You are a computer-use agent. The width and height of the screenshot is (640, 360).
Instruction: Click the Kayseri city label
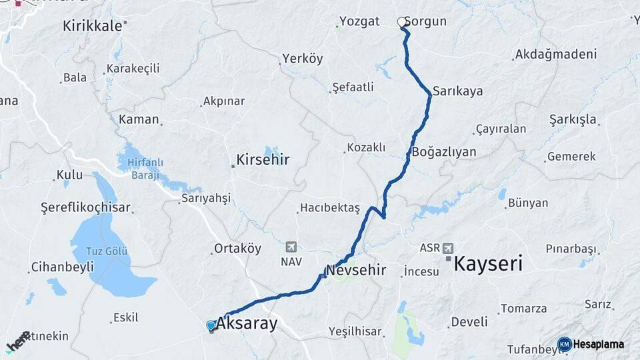coord(487,263)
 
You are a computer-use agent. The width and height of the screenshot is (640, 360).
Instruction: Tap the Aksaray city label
coord(247,324)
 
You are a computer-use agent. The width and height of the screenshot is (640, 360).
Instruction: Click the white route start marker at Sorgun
coord(402,22)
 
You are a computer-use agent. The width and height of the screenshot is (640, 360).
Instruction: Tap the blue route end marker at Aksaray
coord(211,325)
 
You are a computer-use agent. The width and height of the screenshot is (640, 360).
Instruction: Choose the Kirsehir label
coord(263,161)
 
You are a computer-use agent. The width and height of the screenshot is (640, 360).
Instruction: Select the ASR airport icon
coord(447,247)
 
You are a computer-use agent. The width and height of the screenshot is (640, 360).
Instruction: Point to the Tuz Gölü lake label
coord(107,251)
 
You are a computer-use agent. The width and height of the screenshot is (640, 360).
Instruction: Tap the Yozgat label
coord(359,21)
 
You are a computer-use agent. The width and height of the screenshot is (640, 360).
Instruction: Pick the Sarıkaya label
coord(457,91)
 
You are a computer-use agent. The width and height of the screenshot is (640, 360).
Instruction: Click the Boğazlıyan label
coord(444,152)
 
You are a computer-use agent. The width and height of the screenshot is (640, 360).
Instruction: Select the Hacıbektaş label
coord(329,207)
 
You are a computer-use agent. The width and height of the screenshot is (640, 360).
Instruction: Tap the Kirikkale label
coord(92,26)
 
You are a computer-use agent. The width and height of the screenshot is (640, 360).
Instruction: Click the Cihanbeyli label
coord(58,267)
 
